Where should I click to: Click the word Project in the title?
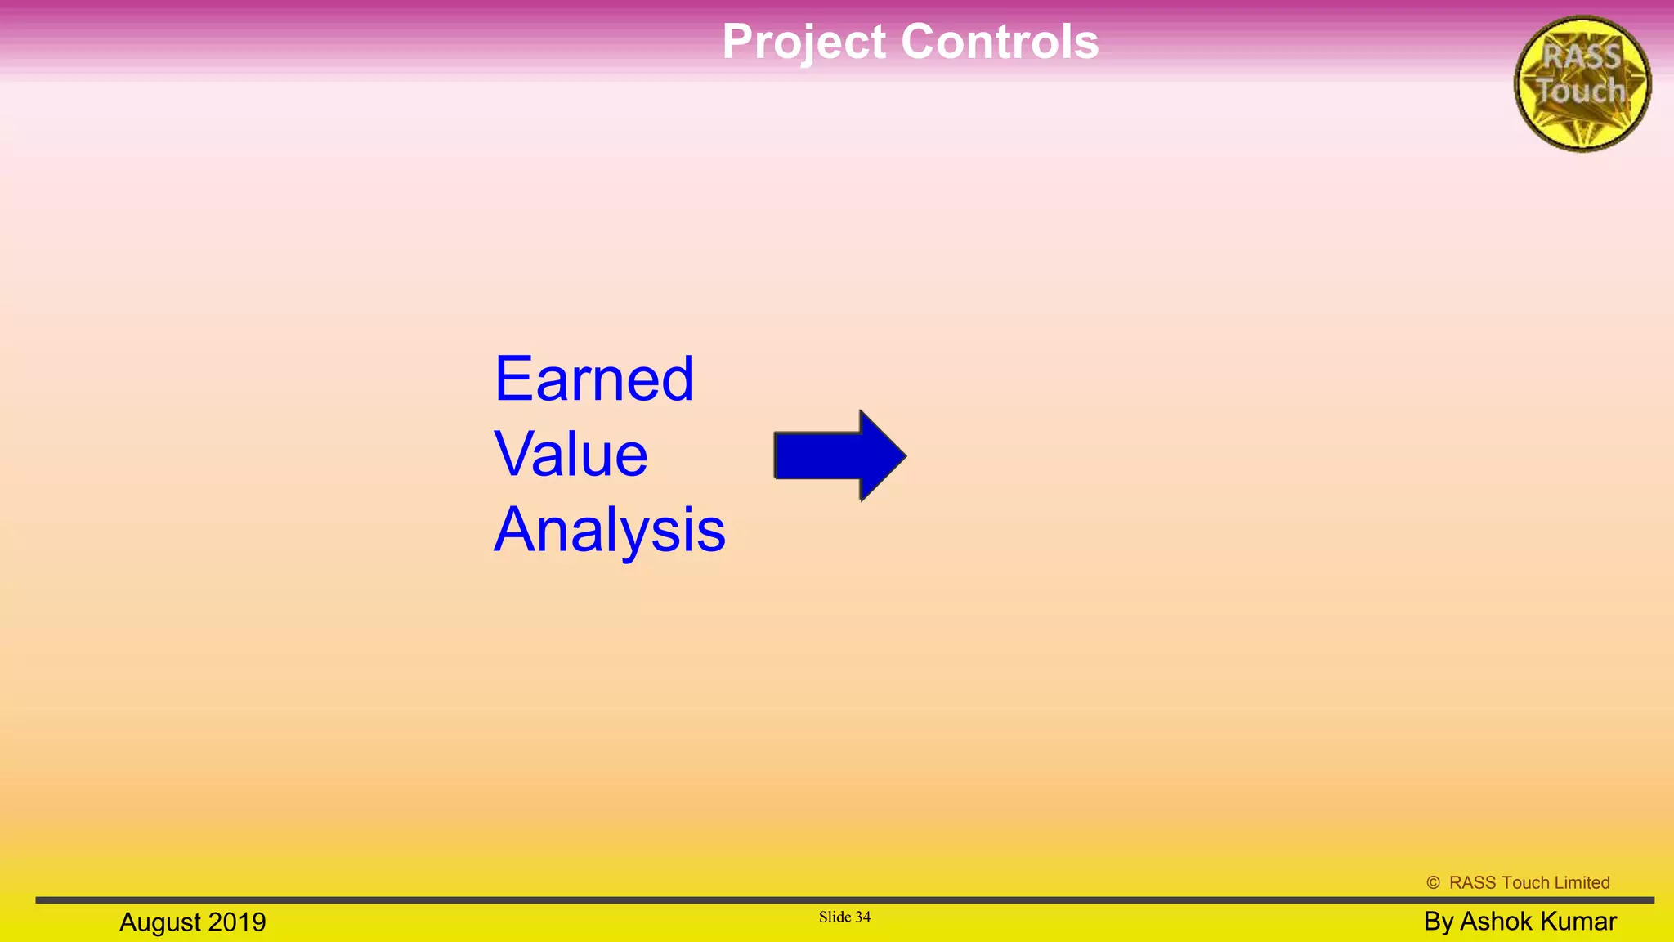tap(804, 43)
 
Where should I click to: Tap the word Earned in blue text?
tap(594, 379)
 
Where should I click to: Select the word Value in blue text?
tap(571, 455)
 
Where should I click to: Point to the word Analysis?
tap(610, 530)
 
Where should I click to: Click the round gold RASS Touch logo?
tap(1582, 83)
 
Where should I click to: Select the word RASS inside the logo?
tap(1582, 57)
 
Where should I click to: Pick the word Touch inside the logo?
tap(1581, 91)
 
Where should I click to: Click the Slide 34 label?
tap(844, 917)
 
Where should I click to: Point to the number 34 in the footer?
tap(863, 917)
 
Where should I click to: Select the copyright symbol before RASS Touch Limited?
tap(1433, 882)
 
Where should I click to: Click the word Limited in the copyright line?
tap(1582, 882)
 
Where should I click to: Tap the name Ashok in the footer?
tap(1495, 922)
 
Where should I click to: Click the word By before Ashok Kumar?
tap(1438, 922)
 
